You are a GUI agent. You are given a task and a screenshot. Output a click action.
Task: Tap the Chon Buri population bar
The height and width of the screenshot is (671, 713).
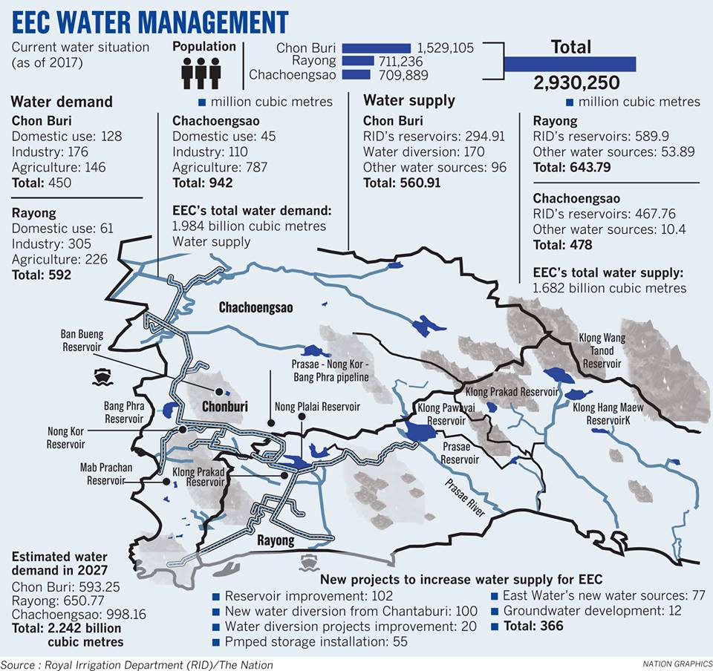click(x=376, y=48)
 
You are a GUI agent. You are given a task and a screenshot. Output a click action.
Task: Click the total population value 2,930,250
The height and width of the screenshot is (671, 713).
click(x=576, y=82)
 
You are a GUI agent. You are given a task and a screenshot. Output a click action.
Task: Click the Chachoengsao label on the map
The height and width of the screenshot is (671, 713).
click(x=255, y=307)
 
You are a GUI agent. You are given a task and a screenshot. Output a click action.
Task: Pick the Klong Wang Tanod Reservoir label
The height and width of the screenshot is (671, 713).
click(x=602, y=351)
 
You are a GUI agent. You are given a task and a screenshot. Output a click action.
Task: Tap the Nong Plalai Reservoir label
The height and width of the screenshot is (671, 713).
click(x=317, y=407)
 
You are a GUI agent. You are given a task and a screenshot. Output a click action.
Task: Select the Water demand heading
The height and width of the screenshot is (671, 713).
click(x=62, y=102)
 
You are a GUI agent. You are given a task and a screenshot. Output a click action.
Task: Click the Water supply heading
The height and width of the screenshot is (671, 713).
click(x=409, y=101)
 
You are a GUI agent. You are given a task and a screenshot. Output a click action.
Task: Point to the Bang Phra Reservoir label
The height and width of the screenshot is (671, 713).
click(x=113, y=413)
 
